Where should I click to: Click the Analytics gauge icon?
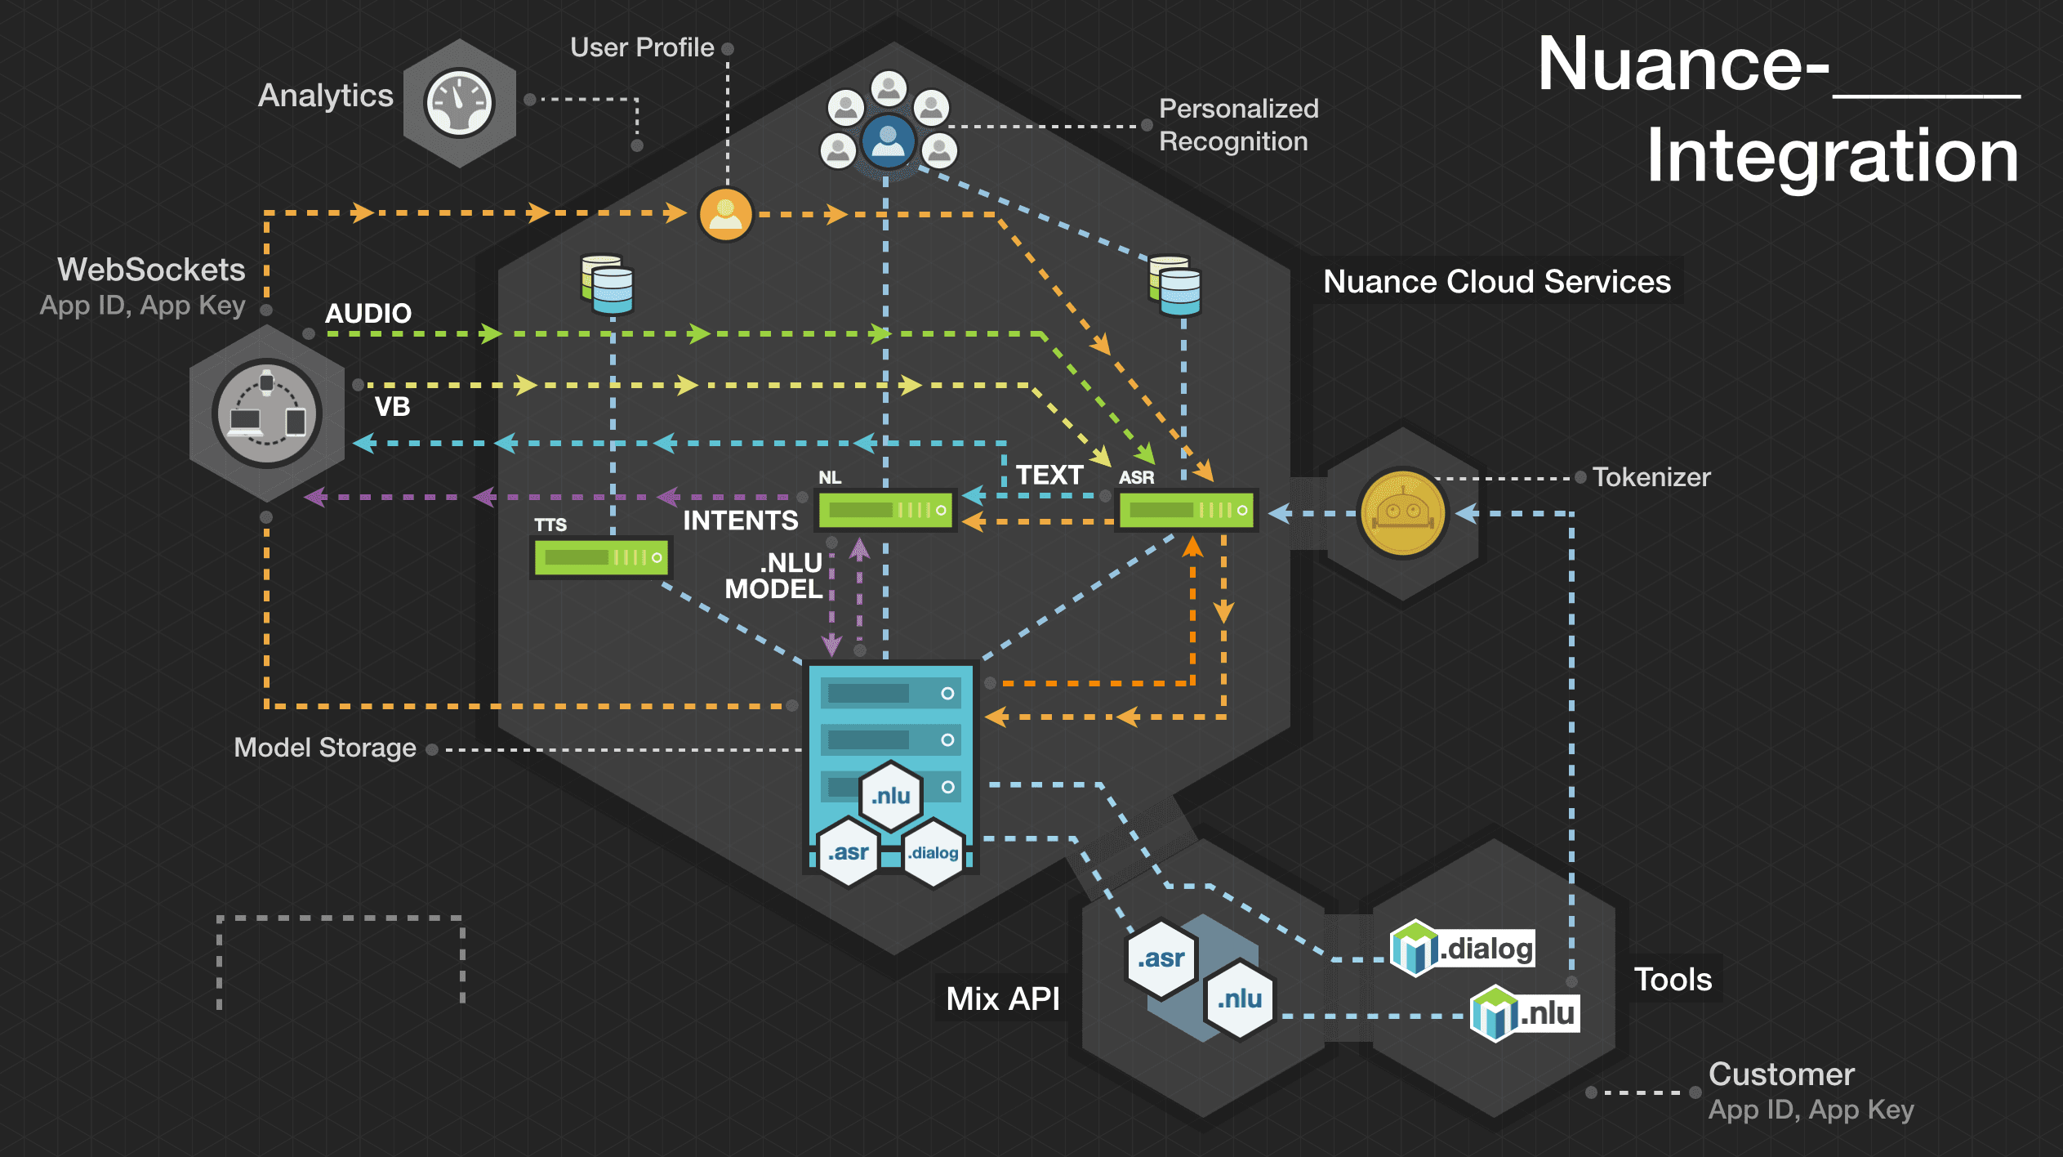459,103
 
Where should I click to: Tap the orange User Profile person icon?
725,215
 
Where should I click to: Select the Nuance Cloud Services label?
1496,282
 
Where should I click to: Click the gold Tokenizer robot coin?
1402,513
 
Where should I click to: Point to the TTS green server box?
601,557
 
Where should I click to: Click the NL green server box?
886,511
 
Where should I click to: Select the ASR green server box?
1187,511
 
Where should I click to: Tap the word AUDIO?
368,314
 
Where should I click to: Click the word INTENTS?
740,520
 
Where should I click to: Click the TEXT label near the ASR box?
1049,476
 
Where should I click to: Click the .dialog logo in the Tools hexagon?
1463,949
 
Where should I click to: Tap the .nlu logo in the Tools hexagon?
1524,1014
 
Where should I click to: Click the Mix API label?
1002,998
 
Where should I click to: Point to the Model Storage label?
325,748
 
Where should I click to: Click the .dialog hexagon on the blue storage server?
933,853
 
